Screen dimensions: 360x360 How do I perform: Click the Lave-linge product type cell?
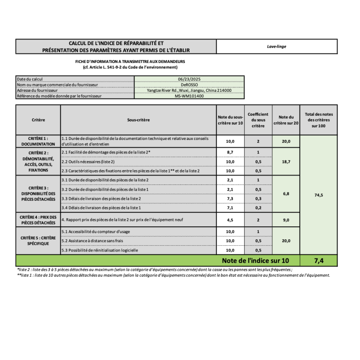[x=276, y=46]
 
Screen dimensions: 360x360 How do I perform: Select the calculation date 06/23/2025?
[x=189, y=79]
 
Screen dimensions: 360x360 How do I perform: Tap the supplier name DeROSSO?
[x=189, y=85]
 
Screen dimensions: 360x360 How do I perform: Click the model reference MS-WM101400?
[x=189, y=96]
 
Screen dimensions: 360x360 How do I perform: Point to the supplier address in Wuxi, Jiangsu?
[x=189, y=90]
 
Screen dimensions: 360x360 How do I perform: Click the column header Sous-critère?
[x=138, y=120]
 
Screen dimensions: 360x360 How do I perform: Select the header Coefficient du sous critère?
[x=258, y=120]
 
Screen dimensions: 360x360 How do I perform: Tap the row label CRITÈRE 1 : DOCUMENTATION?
[x=38, y=141]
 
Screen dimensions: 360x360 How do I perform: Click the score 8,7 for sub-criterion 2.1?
[x=230, y=153]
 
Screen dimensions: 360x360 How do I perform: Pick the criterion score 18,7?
[x=286, y=161]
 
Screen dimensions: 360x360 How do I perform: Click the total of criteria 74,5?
[x=319, y=195]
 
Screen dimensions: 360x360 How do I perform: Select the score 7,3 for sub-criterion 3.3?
[x=230, y=198]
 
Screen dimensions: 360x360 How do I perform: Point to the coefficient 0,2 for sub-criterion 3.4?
[x=258, y=208]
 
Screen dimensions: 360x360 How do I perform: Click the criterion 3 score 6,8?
[x=286, y=194]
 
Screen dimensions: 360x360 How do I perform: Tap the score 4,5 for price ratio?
[x=230, y=220]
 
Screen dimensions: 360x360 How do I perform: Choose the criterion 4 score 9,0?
[x=286, y=220]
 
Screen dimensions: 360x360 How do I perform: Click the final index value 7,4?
[x=319, y=261]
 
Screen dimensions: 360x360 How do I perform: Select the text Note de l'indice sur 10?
[x=255, y=261]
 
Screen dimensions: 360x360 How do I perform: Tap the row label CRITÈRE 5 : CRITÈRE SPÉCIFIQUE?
[x=38, y=240]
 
